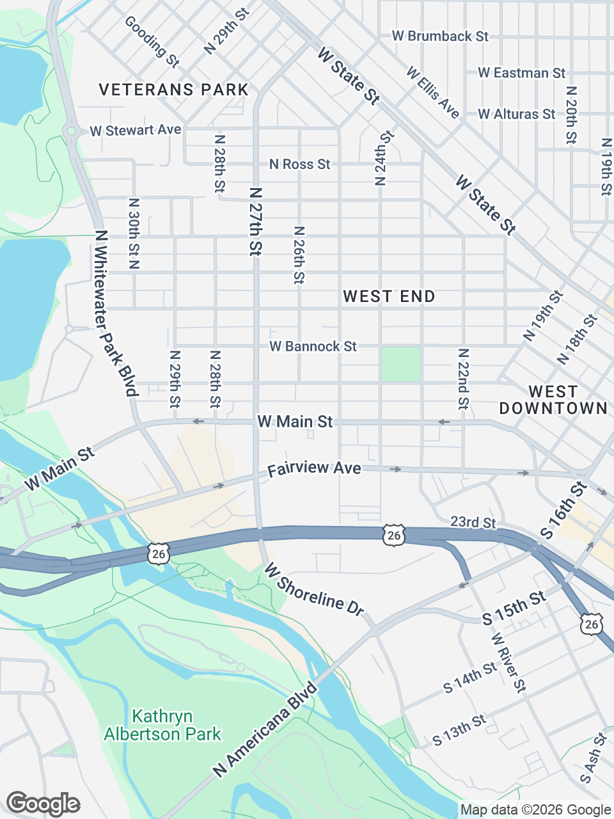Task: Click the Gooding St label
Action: pyautogui.click(x=152, y=42)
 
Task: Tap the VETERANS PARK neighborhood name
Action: pyautogui.click(x=173, y=90)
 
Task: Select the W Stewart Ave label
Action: pyautogui.click(x=136, y=131)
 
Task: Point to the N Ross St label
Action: pyautogui.click(x=299, y=164)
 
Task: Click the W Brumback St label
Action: pyautogui.click(x=440, y=36)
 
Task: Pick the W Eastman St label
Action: pyautogui.click(x=521, y=74)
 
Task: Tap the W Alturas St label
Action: pyautogui.click(x=516, y=115)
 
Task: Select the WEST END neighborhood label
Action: pyautogui.click(x=389, y=296)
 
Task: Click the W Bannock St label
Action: pyautogui.click(x=313, y=346)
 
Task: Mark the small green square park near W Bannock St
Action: pyautogui.click(x=401, y=364)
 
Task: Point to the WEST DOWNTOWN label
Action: pyautogui.click(x=553, y=400)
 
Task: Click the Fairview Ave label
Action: pyautogui.click(x=314, y=469)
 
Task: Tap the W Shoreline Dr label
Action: pyautogui.click(x=313, y=589)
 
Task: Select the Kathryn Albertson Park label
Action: pyautogui.click(x=162, y=725)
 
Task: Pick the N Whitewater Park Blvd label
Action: pyautogui.click(x=116, y=314)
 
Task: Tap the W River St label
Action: pyautogui.click(x=508, y=663)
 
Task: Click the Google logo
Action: pyautogui.click(x=43, y=804)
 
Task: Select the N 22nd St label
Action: pyautogui.click(x=463, y=379)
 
